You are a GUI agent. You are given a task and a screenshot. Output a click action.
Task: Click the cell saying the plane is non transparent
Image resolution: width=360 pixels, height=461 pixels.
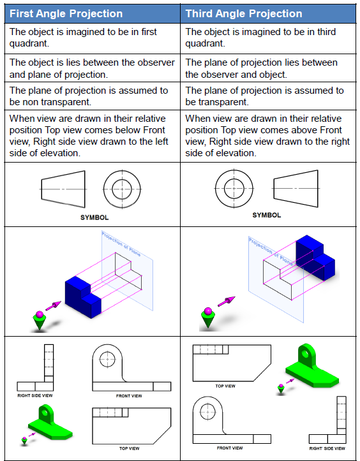click(x=88, y=96)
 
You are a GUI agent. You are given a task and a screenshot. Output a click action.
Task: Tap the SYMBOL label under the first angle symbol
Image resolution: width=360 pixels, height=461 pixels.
click(x=94, y=217)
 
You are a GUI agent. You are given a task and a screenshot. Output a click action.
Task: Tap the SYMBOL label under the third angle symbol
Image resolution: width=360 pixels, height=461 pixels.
click(x=266, y=215)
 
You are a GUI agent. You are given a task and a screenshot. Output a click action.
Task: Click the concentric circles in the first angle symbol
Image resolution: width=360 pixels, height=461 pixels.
click(x=122, y=189)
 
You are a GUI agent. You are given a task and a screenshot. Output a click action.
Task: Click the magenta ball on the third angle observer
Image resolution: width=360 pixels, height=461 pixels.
click(x=207, y=312)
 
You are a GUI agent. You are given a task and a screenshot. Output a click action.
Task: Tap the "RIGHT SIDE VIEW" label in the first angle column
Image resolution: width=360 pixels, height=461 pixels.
click(x=35, y=395)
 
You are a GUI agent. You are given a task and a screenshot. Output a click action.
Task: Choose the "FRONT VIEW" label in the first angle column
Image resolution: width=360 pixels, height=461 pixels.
click(x=128, y=396)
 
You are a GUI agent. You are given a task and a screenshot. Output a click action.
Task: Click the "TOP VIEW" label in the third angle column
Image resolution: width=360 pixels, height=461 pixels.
click(x=225, y=386)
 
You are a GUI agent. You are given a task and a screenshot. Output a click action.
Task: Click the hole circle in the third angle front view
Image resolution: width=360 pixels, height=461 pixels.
click(x=207, y=409)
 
